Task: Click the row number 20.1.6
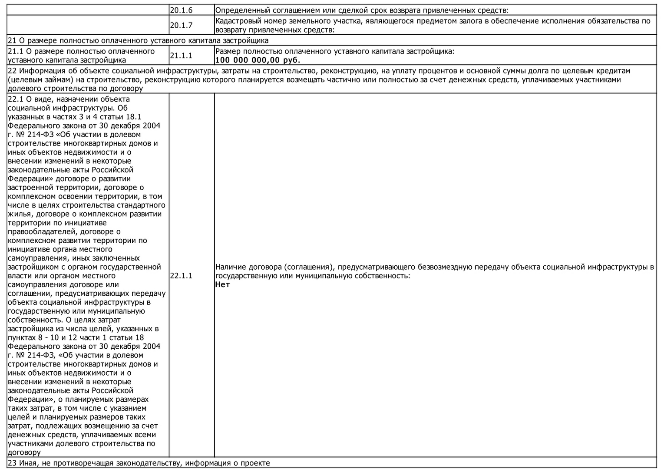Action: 181,10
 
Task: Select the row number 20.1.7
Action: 181,26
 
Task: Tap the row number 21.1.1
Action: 181,56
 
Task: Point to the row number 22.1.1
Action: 181,276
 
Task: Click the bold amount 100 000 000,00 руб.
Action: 258,60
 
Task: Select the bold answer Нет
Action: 222,285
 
